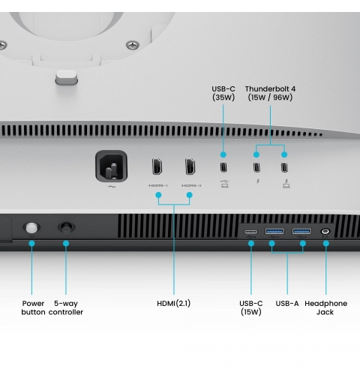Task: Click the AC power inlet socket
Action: (x=112, y=166)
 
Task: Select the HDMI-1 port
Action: (x=157, y=166)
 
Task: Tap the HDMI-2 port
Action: (x=190, y=166)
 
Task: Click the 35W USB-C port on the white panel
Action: (x=223, y=167)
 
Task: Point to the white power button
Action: (x=31, y=228)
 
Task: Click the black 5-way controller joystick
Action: (x=66, y=227)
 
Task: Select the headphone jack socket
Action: (x=325, y=231)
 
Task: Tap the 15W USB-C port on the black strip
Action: (x=250, y=232)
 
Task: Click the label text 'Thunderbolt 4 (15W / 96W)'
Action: (x=270, y=93)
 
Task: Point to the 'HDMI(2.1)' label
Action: (x=174, y=304)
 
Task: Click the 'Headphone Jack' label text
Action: (x=325, y=307)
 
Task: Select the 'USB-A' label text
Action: (x=287, y=304)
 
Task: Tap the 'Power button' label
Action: (x=33, y=307)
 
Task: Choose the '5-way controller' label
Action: (x=66, y=307)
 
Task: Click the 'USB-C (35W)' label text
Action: (x=223, y=93)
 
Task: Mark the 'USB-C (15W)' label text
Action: (x=251, y=307)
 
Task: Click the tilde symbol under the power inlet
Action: (x=112, y=187)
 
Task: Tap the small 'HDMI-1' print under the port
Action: (x=158, y=185)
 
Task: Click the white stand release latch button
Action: (x=66, y=77)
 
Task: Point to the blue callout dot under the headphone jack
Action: (x=325, y=243)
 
